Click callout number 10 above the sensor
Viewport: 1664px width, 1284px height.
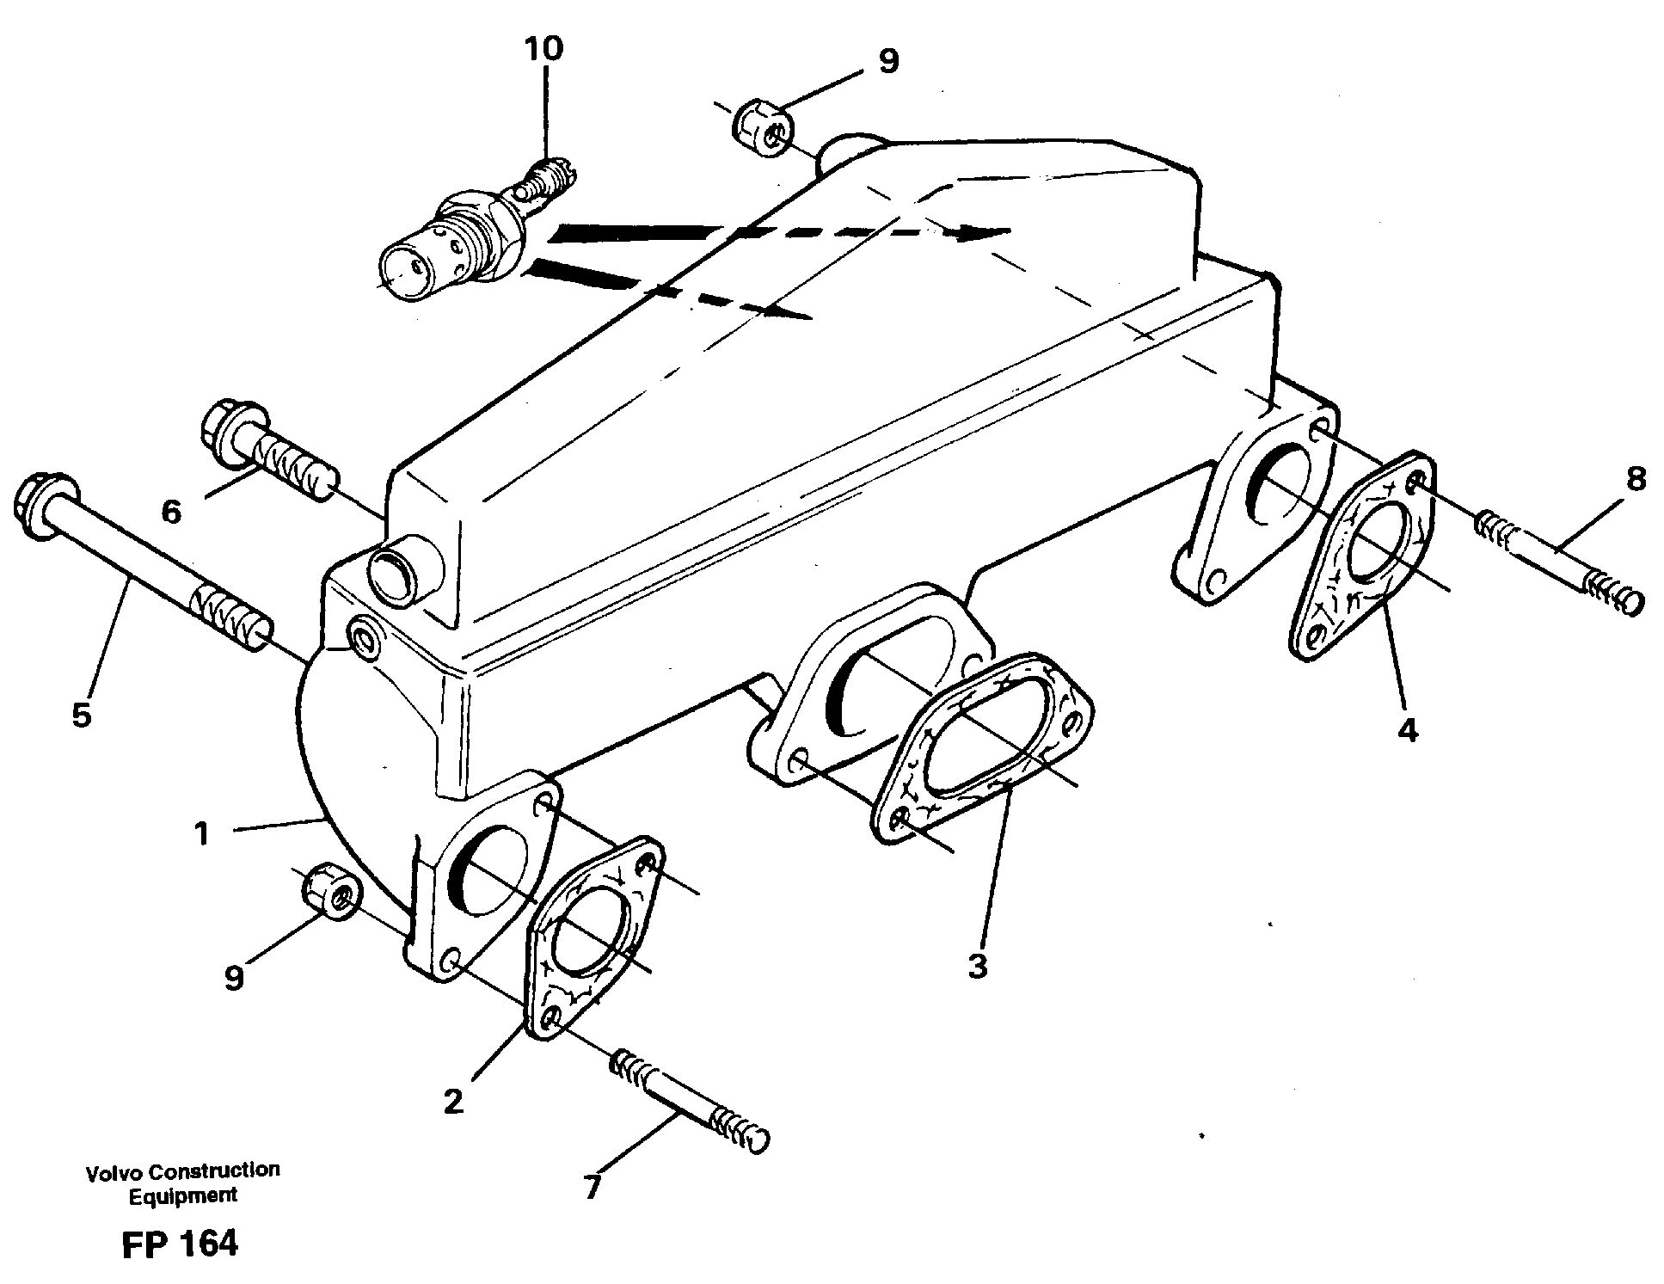(543, 48)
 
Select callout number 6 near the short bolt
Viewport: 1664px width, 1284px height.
(171, 513)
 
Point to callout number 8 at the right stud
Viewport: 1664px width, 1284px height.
(1636, 478)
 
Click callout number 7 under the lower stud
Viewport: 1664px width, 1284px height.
(593, 1188)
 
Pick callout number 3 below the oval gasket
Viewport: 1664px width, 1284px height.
(978, 966)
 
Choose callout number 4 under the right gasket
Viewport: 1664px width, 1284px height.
(1407, 729)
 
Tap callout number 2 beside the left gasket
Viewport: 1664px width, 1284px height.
(453, 1101)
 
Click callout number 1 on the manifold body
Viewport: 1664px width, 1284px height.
(201, 833)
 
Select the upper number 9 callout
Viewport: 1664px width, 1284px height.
(888, 61)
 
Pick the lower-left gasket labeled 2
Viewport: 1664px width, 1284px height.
(593, 936)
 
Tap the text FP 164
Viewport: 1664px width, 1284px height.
(180, 1244)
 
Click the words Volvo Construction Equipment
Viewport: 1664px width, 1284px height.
(182, 1182)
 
